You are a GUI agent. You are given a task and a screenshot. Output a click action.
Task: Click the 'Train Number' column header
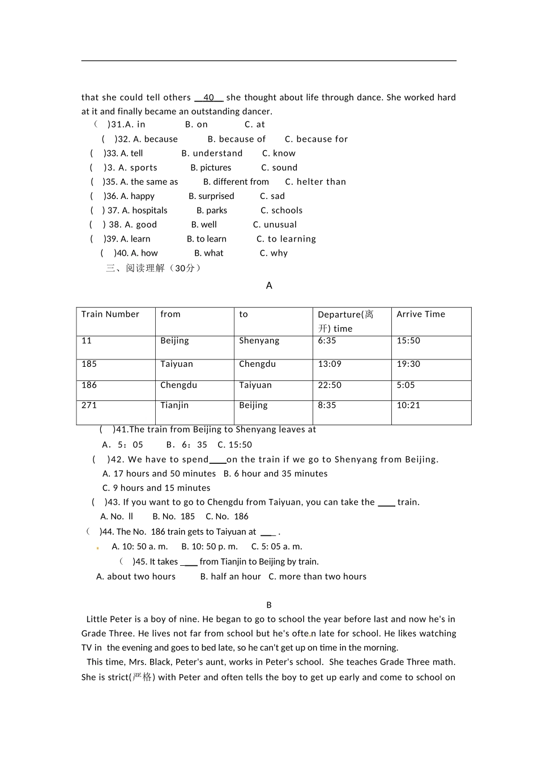point(110,314)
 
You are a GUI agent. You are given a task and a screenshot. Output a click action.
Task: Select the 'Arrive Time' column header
point(421,314)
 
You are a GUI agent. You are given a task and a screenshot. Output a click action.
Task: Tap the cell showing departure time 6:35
point(327,341)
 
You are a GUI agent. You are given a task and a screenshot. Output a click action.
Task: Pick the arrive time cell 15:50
point(408,341)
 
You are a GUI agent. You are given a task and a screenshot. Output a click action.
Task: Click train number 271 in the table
point(89,405)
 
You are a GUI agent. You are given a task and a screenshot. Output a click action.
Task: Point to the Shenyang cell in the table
point(259,341)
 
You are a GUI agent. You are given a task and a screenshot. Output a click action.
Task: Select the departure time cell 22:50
point(330,385)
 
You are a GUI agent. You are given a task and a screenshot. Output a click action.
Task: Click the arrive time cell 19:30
point(408,364)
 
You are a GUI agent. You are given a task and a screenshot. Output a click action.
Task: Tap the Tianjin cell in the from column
point(174,405)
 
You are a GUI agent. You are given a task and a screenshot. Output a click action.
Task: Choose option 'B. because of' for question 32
point(236,139)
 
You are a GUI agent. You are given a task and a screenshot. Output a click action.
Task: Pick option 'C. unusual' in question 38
point(275,225)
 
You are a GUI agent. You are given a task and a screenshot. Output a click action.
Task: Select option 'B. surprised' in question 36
point(211,196)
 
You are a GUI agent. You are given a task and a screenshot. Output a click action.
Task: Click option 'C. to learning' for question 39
point(286,239)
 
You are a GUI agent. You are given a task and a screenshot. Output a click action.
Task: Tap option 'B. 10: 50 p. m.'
point(210,547)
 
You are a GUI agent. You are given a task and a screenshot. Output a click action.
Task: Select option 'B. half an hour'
point(230,577)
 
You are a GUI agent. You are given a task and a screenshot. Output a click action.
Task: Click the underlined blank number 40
point(208,98)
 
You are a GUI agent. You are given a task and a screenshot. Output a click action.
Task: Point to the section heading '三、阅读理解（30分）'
point(153,268)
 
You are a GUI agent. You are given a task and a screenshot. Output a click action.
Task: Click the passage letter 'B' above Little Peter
point(269,605)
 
